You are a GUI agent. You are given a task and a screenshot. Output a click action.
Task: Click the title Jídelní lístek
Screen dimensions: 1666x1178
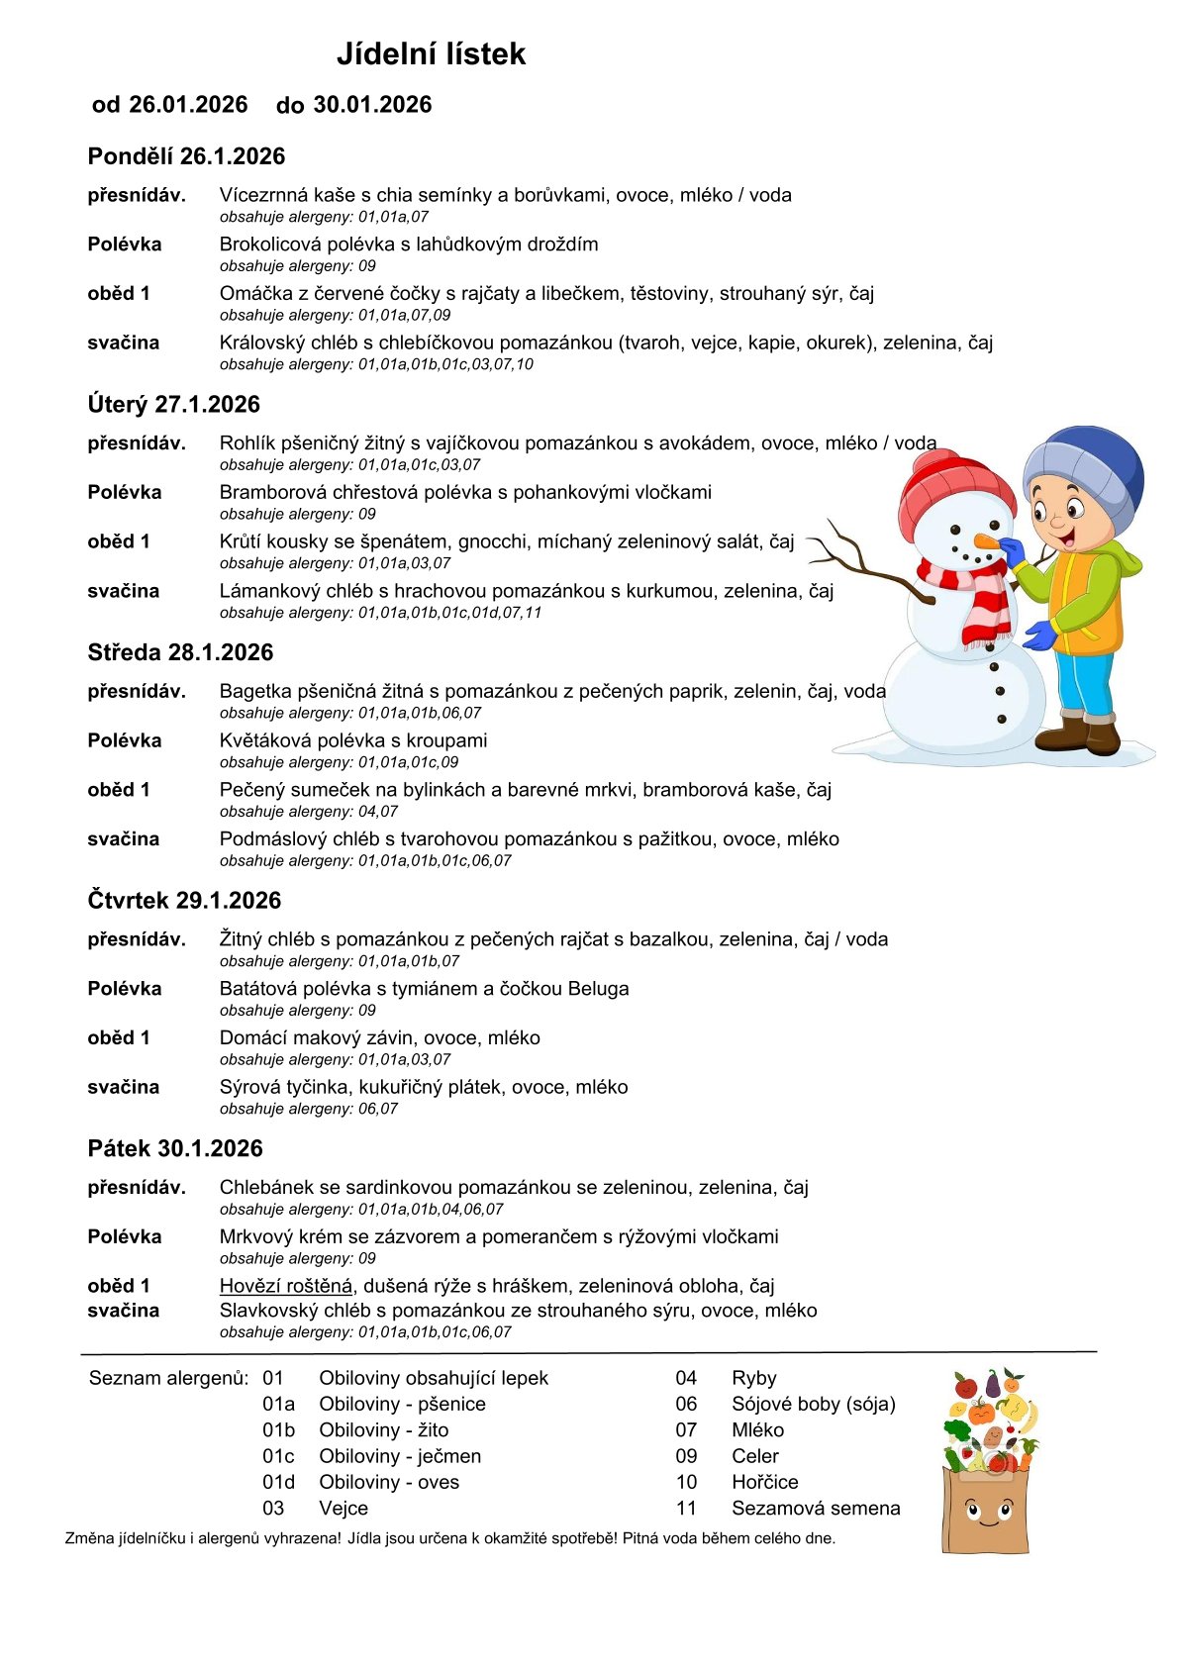tap(431, 53)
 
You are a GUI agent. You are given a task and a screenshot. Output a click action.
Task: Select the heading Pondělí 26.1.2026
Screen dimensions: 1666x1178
tap(186, 156)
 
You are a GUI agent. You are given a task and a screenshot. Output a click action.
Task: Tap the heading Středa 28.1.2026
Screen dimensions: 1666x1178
tap(180, 652)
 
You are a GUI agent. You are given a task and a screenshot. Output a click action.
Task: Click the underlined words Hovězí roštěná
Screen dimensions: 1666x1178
tap(286, 1286)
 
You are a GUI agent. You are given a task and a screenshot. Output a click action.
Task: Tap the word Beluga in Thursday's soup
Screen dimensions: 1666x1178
tap(598, 989)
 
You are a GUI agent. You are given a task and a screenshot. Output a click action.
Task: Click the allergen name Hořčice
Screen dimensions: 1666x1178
tap(764, 1482)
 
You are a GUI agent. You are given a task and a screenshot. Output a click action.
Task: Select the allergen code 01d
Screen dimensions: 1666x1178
tap(278, 1482)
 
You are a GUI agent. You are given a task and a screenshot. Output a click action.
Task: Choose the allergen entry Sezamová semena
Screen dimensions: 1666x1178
tap(816, 1509)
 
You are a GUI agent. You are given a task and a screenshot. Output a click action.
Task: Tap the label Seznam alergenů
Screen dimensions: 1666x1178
tap(167, 1378)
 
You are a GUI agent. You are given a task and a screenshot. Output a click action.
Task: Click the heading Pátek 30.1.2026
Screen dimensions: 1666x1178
tap(175, 1148)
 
